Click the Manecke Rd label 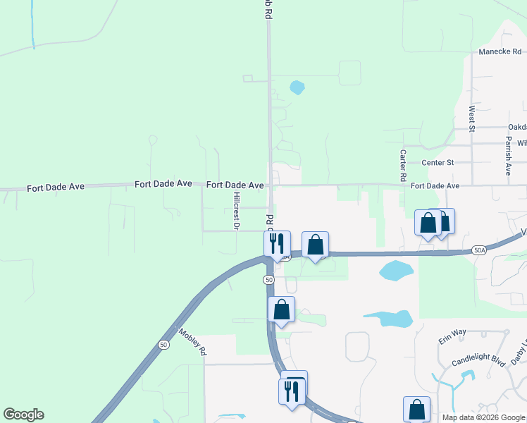click(500, 51)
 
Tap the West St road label click(471, 118)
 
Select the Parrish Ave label click(507, 157)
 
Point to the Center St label click(437, 163)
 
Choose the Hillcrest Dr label click(237, 211)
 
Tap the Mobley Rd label click(192, 342)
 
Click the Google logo click(23, 415)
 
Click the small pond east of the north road click(297, 88)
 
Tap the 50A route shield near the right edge click(478, 251)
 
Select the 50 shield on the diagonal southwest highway click(163, 345)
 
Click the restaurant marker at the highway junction click(275, 243)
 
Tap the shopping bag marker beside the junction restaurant click(315, 245)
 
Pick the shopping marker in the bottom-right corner click(416, 409)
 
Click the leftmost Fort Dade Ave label click(56, 188)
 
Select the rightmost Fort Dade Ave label click(435, 186)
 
